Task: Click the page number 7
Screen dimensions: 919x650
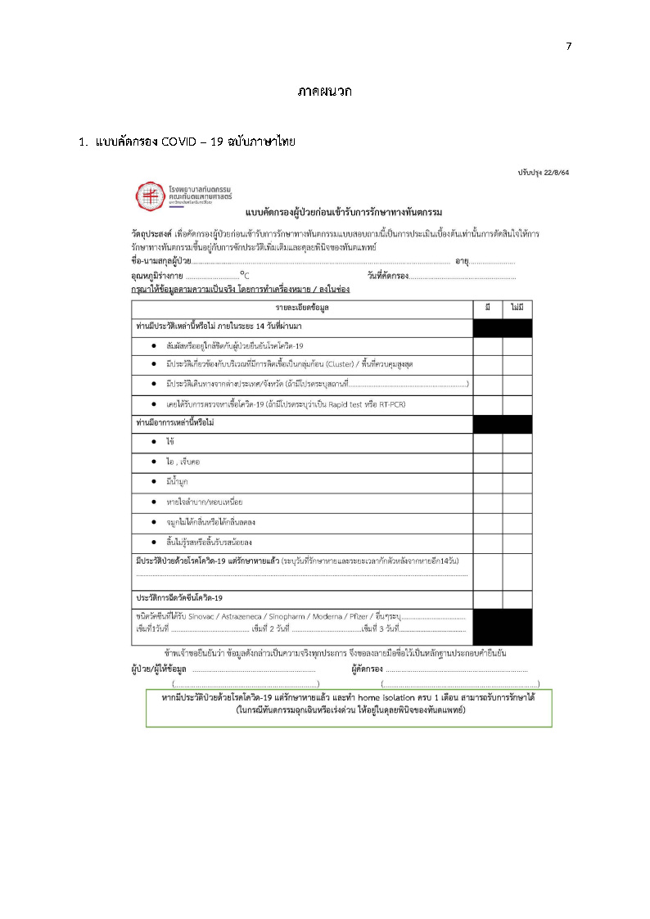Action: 569,46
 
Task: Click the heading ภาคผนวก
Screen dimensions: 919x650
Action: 325,92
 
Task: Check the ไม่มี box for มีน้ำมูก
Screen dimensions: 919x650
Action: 517,481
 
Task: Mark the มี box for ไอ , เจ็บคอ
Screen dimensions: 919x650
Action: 487,462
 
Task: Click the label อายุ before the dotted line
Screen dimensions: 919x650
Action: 462,261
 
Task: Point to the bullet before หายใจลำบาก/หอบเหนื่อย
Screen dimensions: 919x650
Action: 154,501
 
